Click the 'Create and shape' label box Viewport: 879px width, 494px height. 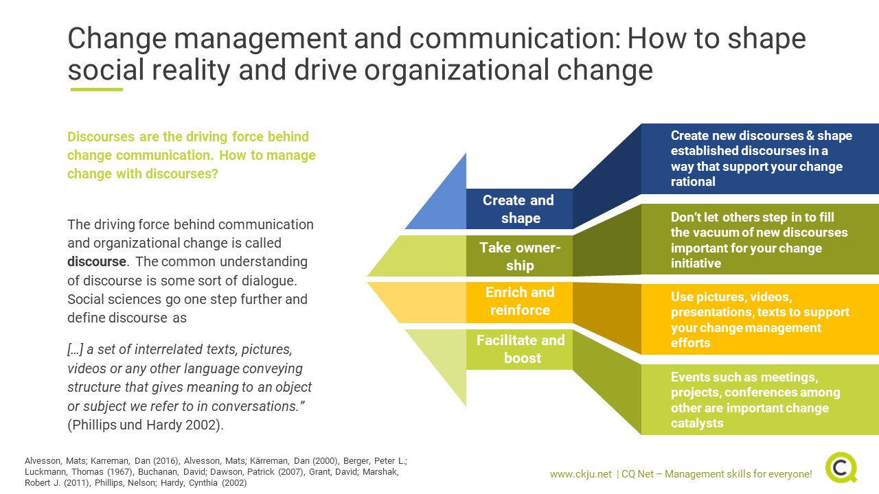[x=519, y=209]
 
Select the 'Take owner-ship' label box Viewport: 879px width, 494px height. [x=519, y=256]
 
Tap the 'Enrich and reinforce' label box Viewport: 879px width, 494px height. [x=519, y=303]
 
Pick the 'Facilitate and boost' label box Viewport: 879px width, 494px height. [x=519, y=349]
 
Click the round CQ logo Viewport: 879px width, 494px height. [x=841, y=467]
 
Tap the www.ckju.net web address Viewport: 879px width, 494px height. [x=580, y=474]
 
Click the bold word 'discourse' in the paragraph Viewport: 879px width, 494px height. [x=97, y=261]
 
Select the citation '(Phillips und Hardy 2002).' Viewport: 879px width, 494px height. [x=146, y=425]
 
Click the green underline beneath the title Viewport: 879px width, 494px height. [x=97, y=89]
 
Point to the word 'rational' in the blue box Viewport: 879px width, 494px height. [x=693, y=182]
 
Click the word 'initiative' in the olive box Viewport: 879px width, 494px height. [x=696, y=263]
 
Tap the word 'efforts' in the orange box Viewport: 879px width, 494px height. [x=691, y=342]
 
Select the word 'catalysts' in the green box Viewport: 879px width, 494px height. [x=697, y=423]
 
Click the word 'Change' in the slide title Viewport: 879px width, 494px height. [x=117, y=38]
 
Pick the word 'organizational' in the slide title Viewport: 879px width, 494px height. [x=457, y=71]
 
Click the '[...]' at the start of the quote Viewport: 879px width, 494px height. [x=75, y=349]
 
